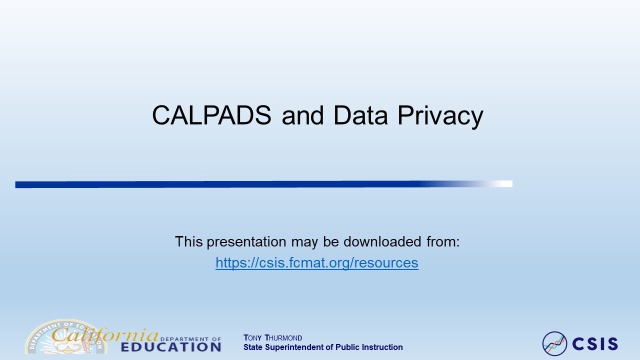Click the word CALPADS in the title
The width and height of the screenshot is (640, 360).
pos(211,116)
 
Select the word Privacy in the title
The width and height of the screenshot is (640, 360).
pos(440,116)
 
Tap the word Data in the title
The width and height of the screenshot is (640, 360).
pos(360,116)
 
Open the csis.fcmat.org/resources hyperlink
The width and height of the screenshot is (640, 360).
pos(317,262)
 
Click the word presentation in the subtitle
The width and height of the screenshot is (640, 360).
pos(246,242)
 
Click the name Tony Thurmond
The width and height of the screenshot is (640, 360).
pos(272,338)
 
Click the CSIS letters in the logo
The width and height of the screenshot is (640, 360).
pos(595,344)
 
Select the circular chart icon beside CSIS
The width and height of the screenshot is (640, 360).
pos(554,344)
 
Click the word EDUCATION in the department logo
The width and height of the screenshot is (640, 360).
pos(171,347)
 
